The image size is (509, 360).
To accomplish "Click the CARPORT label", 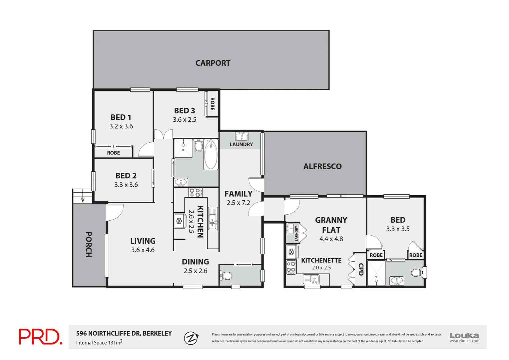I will coord(213,63).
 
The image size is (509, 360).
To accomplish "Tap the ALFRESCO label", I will coord(322,166).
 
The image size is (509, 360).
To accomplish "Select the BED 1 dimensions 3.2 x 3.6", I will coord(121,126).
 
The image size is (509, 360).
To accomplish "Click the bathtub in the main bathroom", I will coord(211,155).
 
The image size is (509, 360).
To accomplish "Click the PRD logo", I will coord(40,337).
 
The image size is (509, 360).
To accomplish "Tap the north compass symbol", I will coord(191,338).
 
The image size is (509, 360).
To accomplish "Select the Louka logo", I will coord(464,337).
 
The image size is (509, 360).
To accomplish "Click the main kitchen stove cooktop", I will coord(195,193).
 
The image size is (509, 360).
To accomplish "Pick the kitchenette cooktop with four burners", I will coord(291,267).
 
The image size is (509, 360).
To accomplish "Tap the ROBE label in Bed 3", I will coord(212,104).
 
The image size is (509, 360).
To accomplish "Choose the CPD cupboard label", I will coord(360,269).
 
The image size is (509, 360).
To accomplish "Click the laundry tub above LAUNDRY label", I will coord(241,137).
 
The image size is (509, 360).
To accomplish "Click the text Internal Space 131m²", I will coord(99,342).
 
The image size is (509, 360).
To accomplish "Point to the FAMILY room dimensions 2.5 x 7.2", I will coord(238,203).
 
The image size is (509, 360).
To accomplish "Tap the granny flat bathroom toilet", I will coord(416,272).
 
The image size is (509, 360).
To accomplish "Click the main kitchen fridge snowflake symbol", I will coord(179,221).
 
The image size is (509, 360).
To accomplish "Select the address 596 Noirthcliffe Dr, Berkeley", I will coord(124,333).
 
